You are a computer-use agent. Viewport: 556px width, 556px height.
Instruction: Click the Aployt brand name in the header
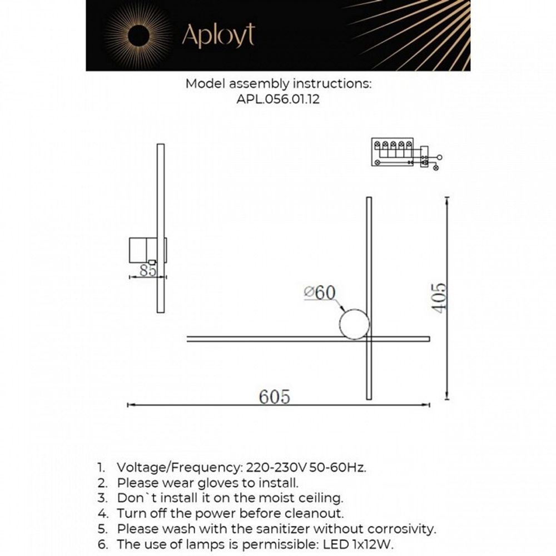pyautogui.click(x=218, y=36)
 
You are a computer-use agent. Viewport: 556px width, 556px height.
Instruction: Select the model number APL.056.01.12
pyautogui.click(x=277, y=101)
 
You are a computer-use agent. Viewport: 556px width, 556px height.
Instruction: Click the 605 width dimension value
pyautogui.click(x=274, y=396)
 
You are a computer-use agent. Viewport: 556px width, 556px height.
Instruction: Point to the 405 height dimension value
pyautogui.click(x=439, y=298)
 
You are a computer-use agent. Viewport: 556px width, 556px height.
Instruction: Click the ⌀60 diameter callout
pyautogui.click(x=320, y=292)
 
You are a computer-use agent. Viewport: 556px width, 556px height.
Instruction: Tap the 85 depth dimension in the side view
pyautogui.click(x=147, y=271)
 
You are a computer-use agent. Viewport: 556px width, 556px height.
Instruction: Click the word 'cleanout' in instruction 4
pyautogui.click(x=317, y=513)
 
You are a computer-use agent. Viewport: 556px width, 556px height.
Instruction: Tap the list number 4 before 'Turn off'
pyautogui.click(x=101, y=513)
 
